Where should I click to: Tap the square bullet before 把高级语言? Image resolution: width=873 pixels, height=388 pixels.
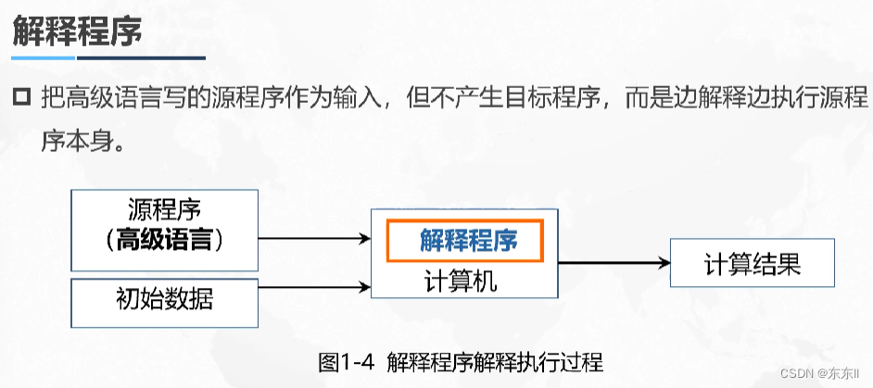(21, 98)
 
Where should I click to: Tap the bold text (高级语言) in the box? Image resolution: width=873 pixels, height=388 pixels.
(164, 240)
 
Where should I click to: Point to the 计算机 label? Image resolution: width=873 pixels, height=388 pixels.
(461, 281)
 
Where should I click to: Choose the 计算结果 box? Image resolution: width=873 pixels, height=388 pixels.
(752, 265)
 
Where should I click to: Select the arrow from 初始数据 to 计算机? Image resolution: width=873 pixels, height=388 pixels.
(313, 283)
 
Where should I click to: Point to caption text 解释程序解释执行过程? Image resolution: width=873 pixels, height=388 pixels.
(496, 362)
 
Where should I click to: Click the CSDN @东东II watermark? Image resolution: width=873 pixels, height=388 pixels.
(820, 372)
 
